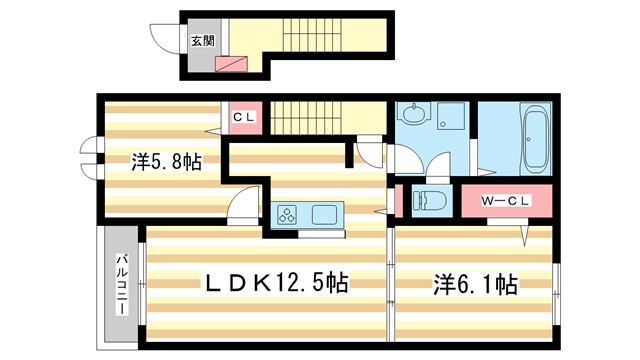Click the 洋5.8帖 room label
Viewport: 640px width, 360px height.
coord(166,161)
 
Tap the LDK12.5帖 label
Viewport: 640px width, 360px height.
coord(277,284)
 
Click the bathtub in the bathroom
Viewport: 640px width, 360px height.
coord(534,140)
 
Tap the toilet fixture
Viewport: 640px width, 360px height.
coord(428,199)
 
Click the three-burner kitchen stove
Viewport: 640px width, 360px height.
coord(289,214)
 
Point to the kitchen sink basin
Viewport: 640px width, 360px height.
coord(326,214)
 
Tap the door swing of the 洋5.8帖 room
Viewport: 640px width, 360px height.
coord(240,211)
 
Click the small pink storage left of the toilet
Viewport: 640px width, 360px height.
coord(400,199)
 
